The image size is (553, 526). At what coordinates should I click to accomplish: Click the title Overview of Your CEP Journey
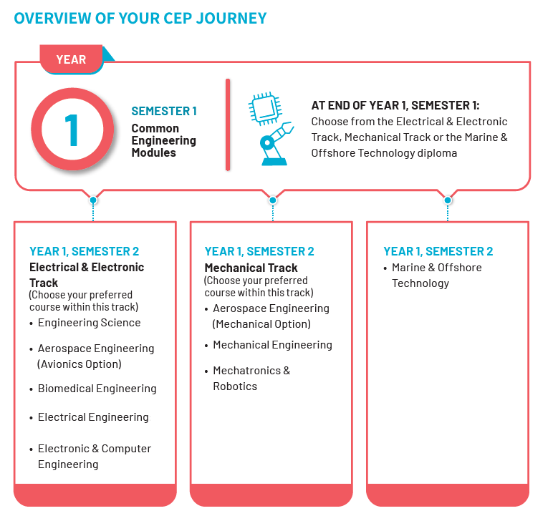pyautogui.click(x=140, y=18)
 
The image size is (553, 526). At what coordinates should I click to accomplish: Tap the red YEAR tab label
pyautogui.click(x=71, y=59)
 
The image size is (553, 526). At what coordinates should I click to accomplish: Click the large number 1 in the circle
pyautogui.click(x=72, y=130)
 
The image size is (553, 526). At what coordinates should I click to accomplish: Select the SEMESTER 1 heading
pyautogui.click(x=163, y=111)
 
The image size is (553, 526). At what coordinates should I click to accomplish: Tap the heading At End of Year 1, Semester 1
pyautogui.click(x=400, y=104)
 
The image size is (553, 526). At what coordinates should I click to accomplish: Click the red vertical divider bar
pyautogui.click(x=228, y=125)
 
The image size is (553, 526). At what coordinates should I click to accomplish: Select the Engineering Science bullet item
pyautogui.click(x=89, y=323)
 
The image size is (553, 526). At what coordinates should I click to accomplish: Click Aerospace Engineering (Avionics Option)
pyautogui.click(x=95, y=356)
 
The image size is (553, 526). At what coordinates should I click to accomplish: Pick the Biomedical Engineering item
pyautogui.click(x=97, y=389)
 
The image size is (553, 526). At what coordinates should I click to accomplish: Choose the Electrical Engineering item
pyautogui.click(x=93, y=417)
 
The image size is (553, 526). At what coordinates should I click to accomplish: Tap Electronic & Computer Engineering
pyautogui.click(x=95, y=457)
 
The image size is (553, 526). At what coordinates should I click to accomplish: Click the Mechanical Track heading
pyautogui.click(x=251, y=268)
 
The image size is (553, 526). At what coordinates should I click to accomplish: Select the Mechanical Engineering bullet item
pyautogui.click(x=272, y=345)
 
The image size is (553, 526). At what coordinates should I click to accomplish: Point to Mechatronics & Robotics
pyautogui.click(x=251, y=379)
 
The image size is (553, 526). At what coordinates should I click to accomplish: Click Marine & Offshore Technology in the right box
pyautogui.click(x=436, y=276)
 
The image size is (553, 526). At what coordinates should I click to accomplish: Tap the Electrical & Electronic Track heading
pyautogui.click(x=86, y=275)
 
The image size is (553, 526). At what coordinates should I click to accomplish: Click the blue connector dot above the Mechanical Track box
pyautogui.click(x=272, y=200)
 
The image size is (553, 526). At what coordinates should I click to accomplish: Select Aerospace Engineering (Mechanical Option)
pyautogui.click(x=271, y=316)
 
